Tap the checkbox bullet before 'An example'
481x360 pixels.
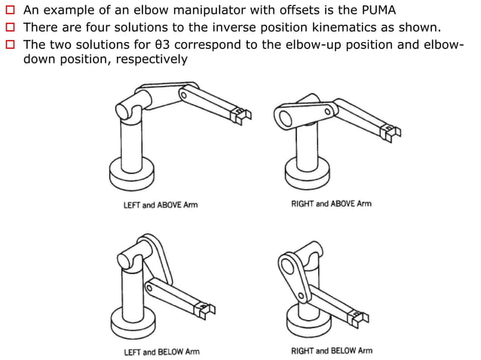pyautogui.click(x=10, y=11)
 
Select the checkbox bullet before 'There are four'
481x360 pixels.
pyautogui.click(x=10, y=28)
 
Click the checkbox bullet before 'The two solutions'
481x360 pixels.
pyautogui.click(x=10, y=44)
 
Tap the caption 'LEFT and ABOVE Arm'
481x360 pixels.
pyautogui.click(x=161, y=205)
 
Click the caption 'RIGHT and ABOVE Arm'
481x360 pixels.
pyautogui.click(x=331, y=204)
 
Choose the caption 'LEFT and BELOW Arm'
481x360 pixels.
pyautogui.click(x=161, y=352)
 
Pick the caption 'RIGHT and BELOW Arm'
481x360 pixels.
pyautogui.click(x=331, y=351)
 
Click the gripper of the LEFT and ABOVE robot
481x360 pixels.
pyautogui.click(x=239, y=114)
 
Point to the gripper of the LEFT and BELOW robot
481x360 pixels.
pyautogui.click(x=206, y=309)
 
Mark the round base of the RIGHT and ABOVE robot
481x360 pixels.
pyautogui.click(x=305, y=176)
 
